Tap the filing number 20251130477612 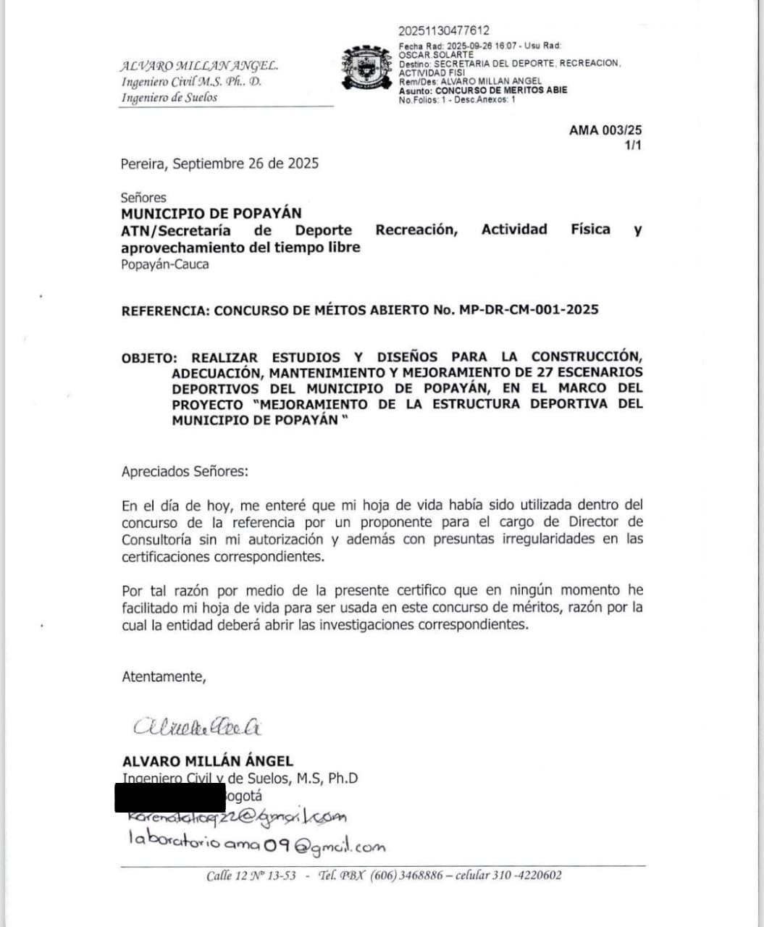(x=443, y=30)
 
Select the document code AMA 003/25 (x=605, y=130)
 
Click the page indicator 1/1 (x=632, y=146)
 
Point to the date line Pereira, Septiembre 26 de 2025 (x=219, y=164)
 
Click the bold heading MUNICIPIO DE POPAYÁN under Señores (x=211, y=214)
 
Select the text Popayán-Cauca (x=164, y=264)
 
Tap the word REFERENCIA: (x=165, y=310)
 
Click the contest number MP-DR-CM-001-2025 (x=528, y=310)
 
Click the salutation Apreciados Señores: (x=184, y=471)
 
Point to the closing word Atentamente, (x=164, y=676)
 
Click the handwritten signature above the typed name (x=197, y=726)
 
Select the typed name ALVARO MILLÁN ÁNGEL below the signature (x=207, y=761)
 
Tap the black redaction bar (x=170, y=797)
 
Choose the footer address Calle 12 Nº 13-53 (x=251, y=876)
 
